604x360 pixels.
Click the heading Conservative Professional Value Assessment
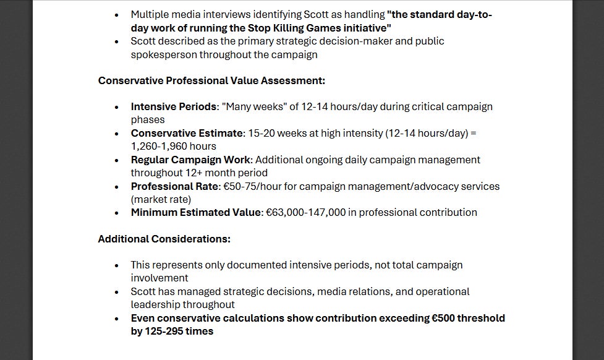[x=211, y=80]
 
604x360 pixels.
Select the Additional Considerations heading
[x=164, y=239]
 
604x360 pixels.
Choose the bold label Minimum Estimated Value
[x=195, y=212]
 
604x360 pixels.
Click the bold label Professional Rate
[x=174, y=186]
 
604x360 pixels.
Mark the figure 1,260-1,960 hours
[x=173, y=146]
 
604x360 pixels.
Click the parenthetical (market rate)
[x=161, y=199]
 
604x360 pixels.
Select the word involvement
[x=160, y=278]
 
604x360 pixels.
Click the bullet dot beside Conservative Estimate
[x=117, y=133]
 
